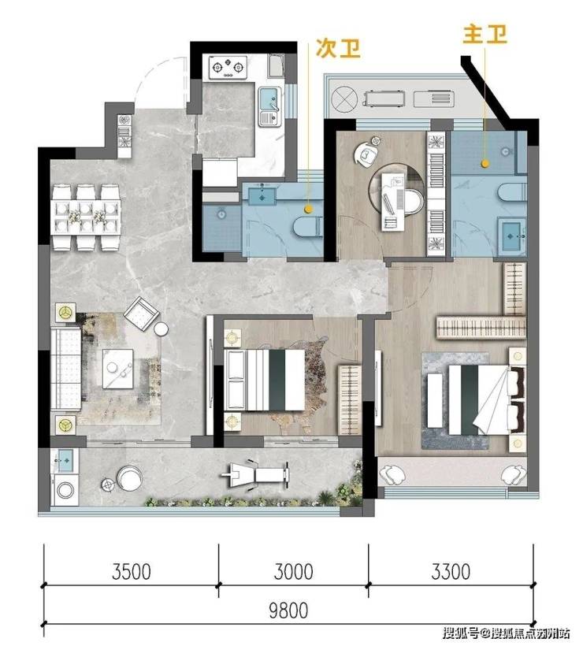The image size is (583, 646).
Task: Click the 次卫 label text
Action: tap(338, 49)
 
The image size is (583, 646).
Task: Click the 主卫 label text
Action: tap(485, 34)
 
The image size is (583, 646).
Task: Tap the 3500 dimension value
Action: tap(132, 571)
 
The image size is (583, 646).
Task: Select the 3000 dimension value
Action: tap(293, 571)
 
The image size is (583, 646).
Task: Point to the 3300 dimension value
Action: tap(451, 571)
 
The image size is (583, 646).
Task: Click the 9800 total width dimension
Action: tap(288, 611)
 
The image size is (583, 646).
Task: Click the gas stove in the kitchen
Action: tap(228, 67)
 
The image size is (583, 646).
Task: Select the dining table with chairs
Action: tap(86, 217)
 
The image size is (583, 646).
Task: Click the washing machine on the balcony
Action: tap(65, 490)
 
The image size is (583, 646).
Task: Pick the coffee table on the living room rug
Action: tap(118, 369)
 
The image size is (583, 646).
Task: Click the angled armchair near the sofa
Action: tap(141, 314)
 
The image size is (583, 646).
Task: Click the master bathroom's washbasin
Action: tap(512, 236)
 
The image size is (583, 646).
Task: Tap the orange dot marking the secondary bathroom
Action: tap(306, 210)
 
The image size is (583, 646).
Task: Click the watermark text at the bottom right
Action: tap(507, 633)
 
